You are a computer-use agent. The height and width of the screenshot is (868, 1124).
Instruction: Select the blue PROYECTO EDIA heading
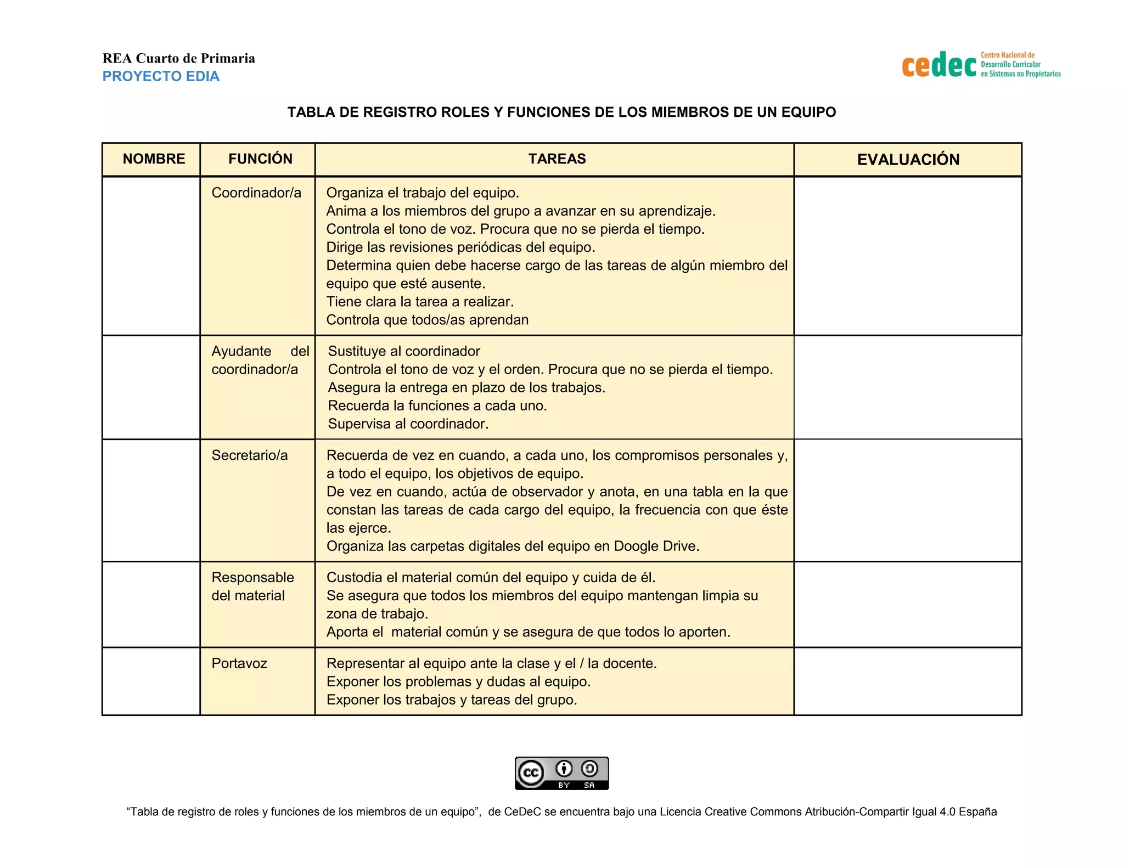pyautogui.click(x=161, y=76)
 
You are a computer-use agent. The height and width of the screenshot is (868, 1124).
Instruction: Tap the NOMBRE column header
pyautogui.click(x=154, y=159)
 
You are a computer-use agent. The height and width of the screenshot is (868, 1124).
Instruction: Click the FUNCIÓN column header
pyautogui.click(x=260, y=159)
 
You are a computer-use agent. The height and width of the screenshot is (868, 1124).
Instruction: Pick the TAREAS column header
pyautogui.click(x=557, y=159)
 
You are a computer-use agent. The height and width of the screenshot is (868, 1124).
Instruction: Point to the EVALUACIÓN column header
pyautogui.click(x=908, y=160)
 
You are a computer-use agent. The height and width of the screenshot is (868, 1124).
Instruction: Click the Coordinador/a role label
pyautogui.click(x=256, y=193)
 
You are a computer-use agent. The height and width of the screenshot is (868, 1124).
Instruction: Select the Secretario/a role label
pyautogui.click(x=250, y=455)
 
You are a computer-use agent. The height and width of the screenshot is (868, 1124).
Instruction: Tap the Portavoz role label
pyautogui.click(x=239, y=663)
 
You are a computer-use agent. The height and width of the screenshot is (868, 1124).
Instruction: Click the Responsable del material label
pyautogui.click(x=252, y=587)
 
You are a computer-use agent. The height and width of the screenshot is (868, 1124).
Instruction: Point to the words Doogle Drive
pyautogui.click(x=656, y=546)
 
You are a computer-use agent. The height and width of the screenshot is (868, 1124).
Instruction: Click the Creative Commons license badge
pyautogui.click(x=561, y=773)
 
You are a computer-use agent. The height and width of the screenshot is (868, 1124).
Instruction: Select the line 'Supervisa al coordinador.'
pyautogui.click(x=408, y=424)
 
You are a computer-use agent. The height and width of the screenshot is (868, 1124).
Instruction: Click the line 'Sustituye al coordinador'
pyautogui.click(x=403, y=351)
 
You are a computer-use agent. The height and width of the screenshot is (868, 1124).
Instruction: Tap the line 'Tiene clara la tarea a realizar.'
pyautogui.click(x=420, y=302)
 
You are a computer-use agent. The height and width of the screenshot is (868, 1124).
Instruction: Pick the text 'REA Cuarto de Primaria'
pyautogui.click(x=178, y=58)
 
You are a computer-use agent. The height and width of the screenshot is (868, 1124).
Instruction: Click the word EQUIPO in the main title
pyautogui.click(x=808, y=112)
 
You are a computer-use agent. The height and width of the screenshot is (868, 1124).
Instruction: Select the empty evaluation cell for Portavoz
pyautogui.click(x=908, y=681)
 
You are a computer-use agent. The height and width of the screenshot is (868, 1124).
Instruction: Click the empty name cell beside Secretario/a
pyautogui.click(x=151, y=500)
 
